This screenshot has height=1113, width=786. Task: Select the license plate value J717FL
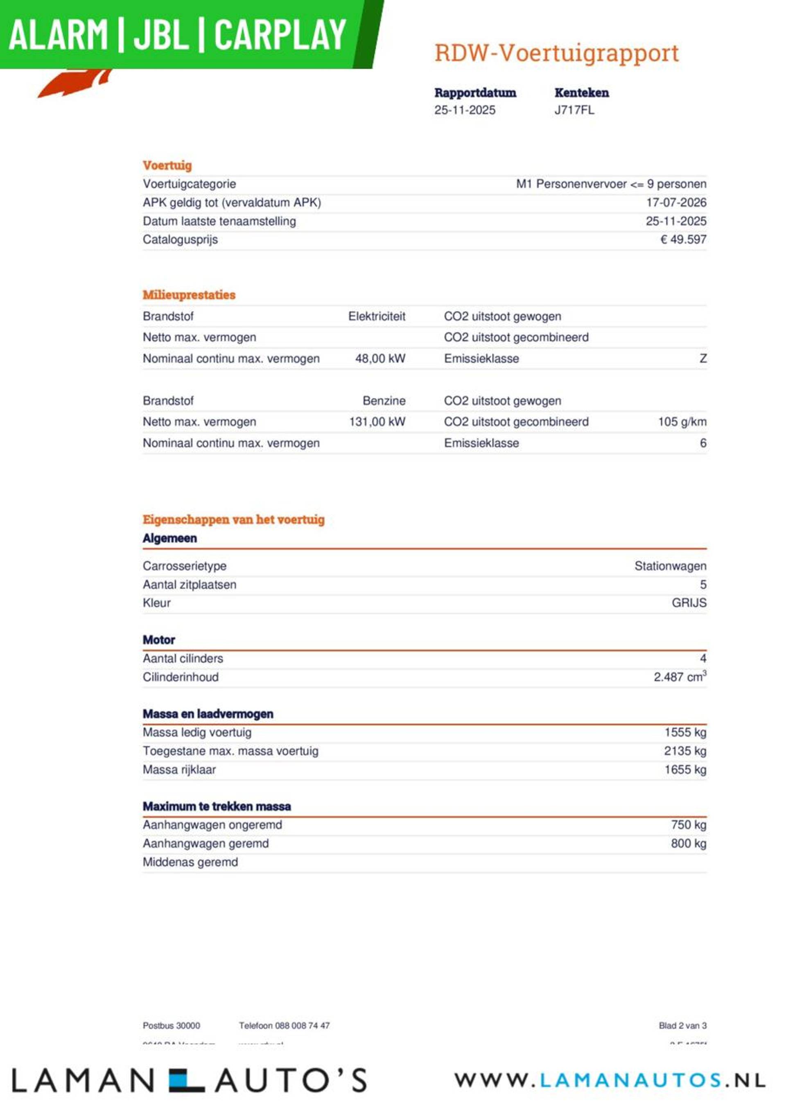pyautogui.click(x=574, y=110)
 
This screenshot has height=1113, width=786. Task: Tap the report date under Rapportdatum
pyautogui.click(x=465, y=110)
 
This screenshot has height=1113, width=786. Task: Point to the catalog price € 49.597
pyautogui.click(x=683, y=239)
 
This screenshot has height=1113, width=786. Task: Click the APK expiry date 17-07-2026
pyautogui.click(x=676, y=203)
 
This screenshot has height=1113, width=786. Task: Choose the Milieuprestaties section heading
pyautogui.click(x=189, y=295)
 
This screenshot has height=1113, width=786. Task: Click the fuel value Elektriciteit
pyautogui.click(x=376, y=316)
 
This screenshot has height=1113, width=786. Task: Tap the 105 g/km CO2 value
pyautogui.click(x=682, y=422)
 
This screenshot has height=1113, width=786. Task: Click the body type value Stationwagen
pyautogui.click(x=670, y=566)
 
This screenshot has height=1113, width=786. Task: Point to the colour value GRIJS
pyautogui.click(x=689, y=603)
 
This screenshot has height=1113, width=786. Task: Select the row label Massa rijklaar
pyautogui.click(x=179, y=770)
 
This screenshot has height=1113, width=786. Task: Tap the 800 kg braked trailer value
pyautogui.click(x=688, y=844)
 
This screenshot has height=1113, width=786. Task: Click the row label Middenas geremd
pyautogui.click(x=190, y=862)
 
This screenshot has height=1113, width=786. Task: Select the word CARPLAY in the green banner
pyautogui.click(x=280, y=34)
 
